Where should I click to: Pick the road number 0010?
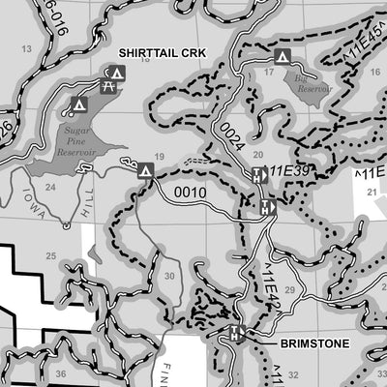[x=191, y=192]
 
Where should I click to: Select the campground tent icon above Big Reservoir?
[x=283, y=56]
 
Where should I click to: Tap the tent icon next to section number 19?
[x=146, y=171]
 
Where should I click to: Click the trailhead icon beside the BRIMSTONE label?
[x=235, y=334]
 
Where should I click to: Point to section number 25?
[x=50, y=255]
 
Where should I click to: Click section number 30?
[x=169, y=276]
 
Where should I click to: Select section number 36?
[x=60, y=372]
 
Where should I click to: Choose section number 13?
[x=27, y=47]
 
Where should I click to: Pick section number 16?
[x=145, y=60]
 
